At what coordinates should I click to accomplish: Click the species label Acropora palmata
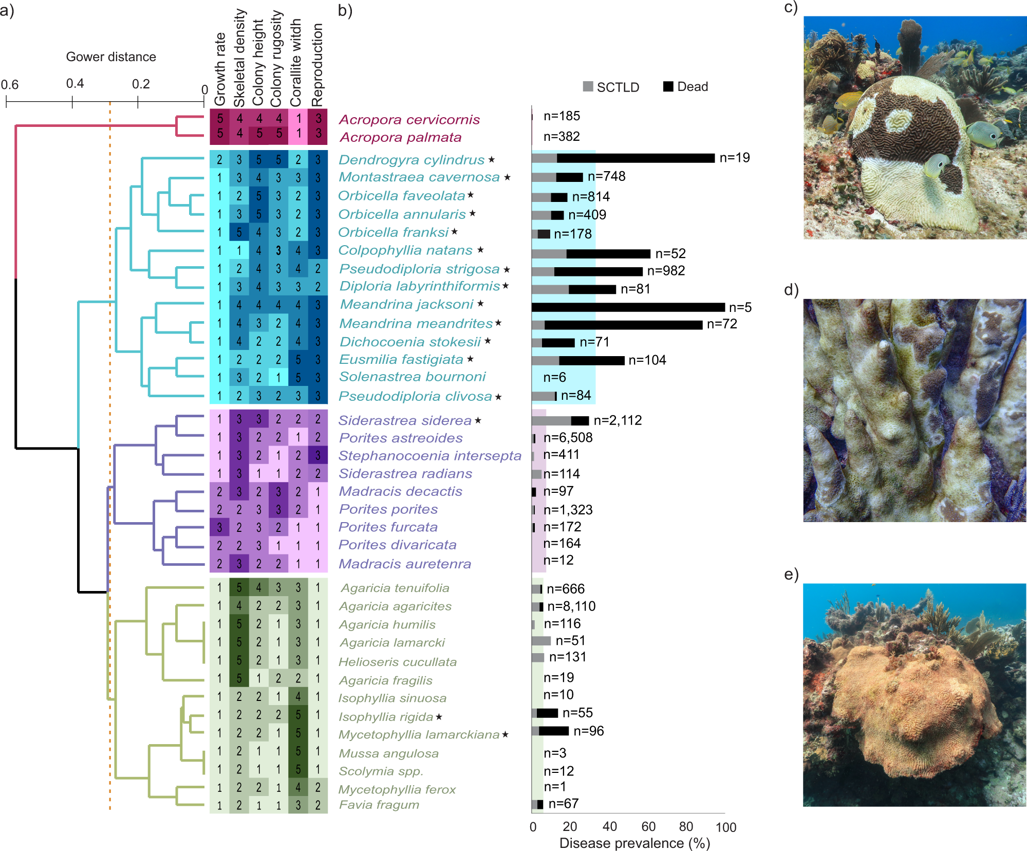click(x=400, y=138)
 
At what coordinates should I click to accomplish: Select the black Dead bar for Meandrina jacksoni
click(x=628, y=307)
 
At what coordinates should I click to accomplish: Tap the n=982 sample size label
click(x=666, y=271)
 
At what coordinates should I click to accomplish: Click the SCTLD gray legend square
click(x=588, y=86)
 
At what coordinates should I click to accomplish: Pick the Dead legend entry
click(x=685, y=86)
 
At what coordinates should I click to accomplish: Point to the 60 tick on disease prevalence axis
click(x=648, y=826)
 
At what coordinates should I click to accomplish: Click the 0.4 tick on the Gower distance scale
click(x=72, y=102)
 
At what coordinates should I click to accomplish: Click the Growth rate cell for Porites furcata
click(x=219, y=527)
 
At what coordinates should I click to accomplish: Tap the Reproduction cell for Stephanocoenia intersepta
click(x=318, y=456)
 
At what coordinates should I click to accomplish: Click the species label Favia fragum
click(x=379, y=805)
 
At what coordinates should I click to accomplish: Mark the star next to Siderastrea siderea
click(x=478, y=420)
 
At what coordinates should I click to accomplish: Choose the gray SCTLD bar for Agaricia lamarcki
click(x=541, y=641)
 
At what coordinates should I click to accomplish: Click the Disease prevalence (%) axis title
click(x=634, y=843)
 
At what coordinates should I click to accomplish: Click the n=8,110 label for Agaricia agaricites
click(x=571, y=606)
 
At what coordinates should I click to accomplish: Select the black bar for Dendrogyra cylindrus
click(x=636, y=158)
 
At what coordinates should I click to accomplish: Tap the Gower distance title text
click(x=111, y=57)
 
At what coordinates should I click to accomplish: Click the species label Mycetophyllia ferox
click(x=397, y=789)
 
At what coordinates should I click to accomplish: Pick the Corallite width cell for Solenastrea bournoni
click(x=298, y=377)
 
